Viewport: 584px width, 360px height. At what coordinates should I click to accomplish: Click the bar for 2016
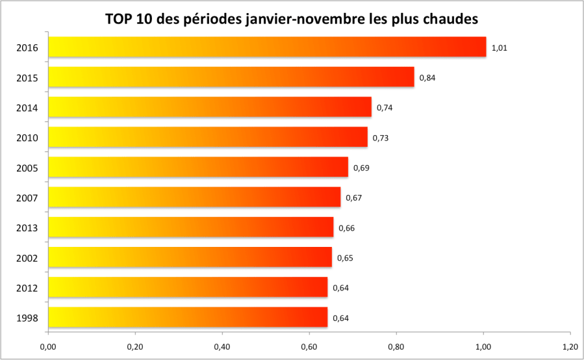[267, 47]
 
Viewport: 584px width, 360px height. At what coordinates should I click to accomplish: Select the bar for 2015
[231, 77]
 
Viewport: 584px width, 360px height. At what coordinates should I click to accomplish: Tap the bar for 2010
[208, 137]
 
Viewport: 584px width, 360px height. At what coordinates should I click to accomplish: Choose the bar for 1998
[188, 317]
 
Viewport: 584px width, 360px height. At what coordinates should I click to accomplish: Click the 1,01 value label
[499, 47]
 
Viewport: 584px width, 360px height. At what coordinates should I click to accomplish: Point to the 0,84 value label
[427, 78]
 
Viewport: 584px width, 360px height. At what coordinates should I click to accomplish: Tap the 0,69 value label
[361, 168]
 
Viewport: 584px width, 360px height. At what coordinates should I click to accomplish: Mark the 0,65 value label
[344, 258]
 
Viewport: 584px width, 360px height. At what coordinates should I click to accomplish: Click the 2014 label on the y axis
[27, 108]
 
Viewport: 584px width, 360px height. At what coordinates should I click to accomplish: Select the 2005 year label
[27, 168]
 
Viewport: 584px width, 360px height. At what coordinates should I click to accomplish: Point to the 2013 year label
[27, 228]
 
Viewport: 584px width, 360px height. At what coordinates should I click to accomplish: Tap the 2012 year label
[27, 288]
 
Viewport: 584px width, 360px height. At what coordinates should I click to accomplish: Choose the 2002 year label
[27, 258]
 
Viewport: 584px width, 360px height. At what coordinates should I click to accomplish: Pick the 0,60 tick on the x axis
[309, 346]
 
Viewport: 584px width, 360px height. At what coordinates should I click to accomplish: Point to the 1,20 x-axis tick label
[570, 346]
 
